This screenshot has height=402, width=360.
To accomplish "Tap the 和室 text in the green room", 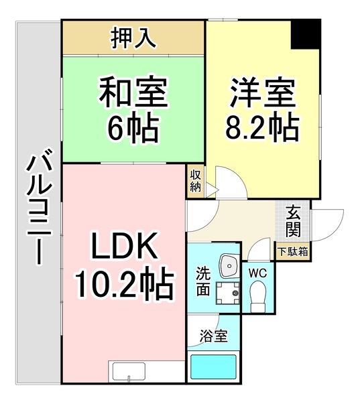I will click(133, 92).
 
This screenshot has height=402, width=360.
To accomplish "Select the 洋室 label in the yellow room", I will click(263, 92).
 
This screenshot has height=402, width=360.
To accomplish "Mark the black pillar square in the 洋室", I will click(305, 33).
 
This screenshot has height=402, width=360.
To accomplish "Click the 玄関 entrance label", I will click(294, 223).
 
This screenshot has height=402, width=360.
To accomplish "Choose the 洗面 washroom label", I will click(203, 282).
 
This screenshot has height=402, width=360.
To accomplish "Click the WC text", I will click(258, 273).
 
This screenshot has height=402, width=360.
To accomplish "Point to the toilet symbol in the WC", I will click(258, 294).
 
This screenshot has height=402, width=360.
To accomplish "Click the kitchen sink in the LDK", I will click(127, 371).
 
